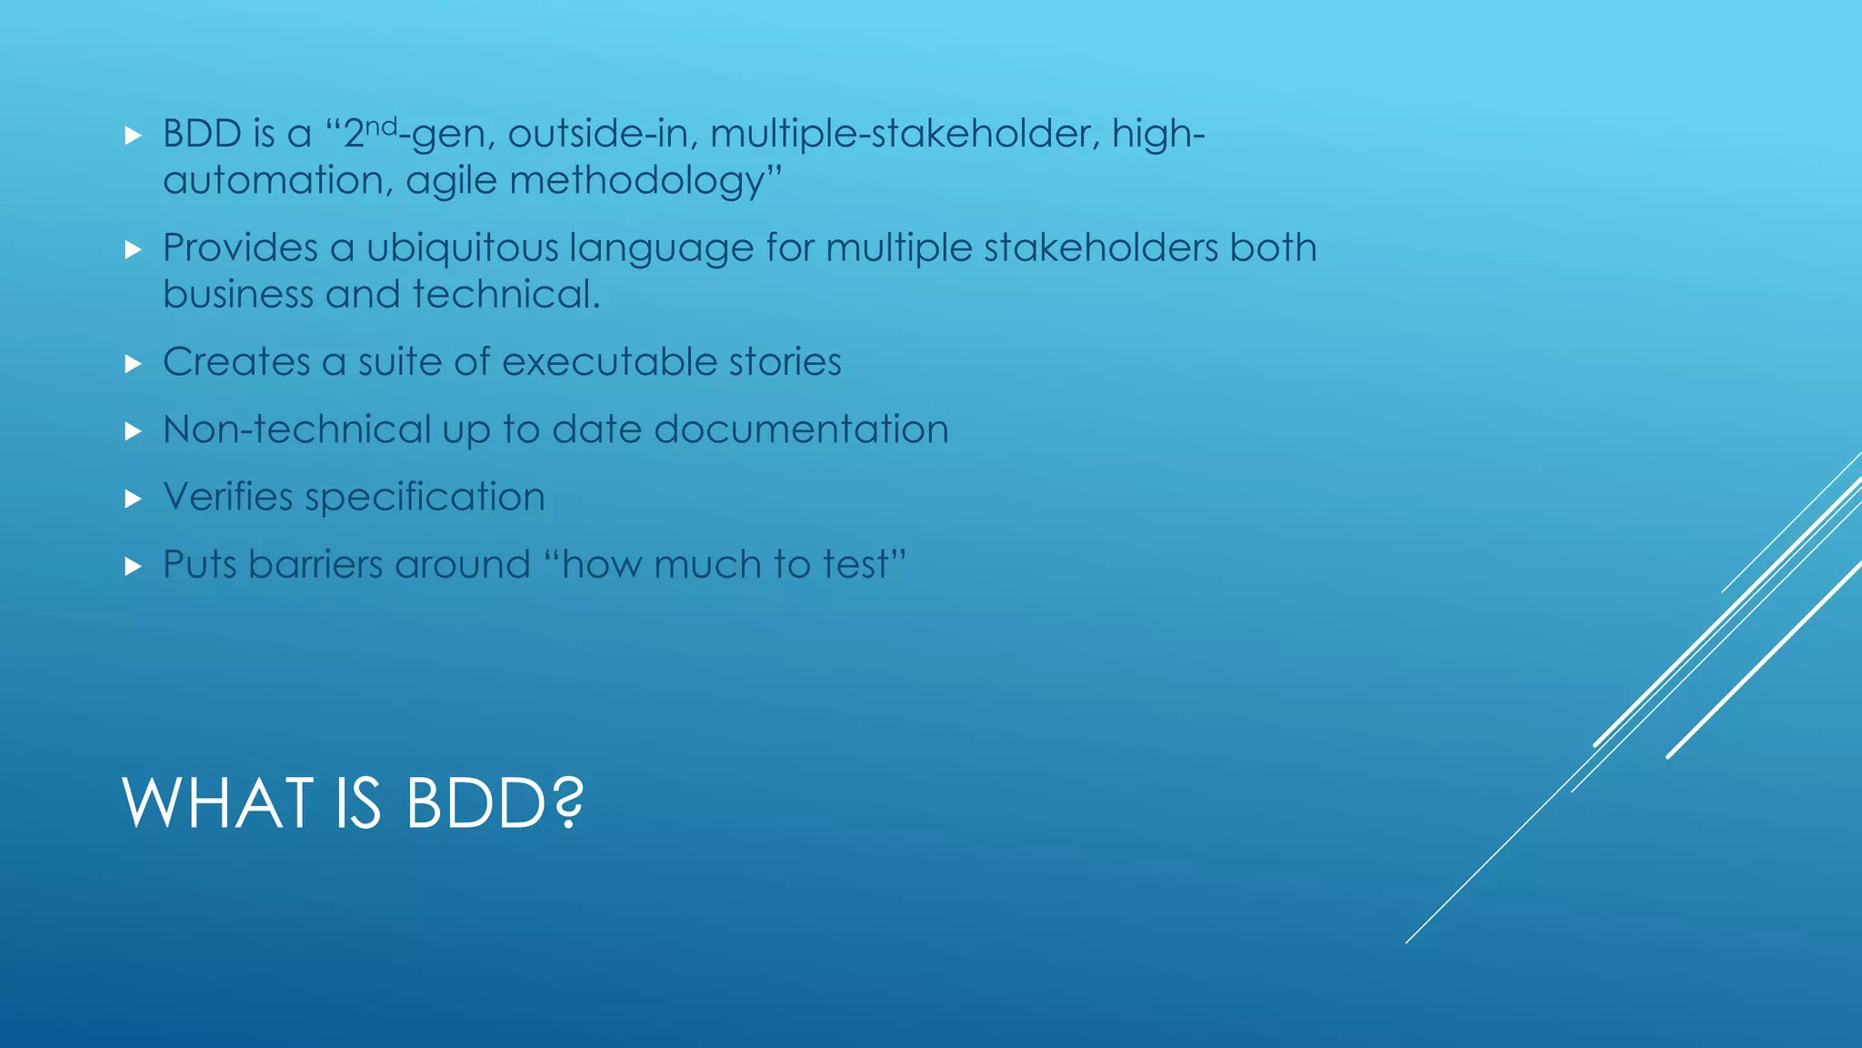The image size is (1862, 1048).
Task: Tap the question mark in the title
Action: point(567,803)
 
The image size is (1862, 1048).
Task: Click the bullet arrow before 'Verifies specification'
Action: point(134,499)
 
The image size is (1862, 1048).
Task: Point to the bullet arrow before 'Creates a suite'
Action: point(134,364)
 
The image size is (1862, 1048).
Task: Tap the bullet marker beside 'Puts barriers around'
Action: point(134,567)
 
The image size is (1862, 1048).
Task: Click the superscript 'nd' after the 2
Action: point(382,126)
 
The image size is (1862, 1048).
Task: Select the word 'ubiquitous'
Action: point(462,248)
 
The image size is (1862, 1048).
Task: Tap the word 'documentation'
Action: point(801,429)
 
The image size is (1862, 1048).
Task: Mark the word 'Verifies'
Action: point(227,497)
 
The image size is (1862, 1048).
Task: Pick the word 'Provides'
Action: point(240,248)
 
